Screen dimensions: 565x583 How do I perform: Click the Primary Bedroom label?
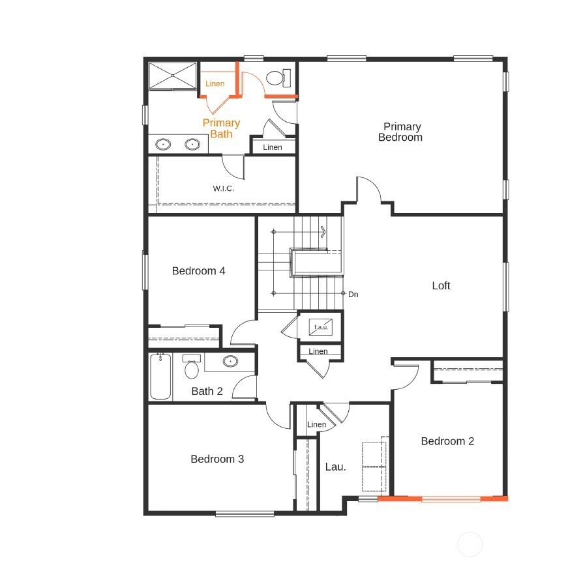pyautogui.click(x=400, y=132)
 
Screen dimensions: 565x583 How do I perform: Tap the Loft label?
pyautogui.click(x=441, y=285)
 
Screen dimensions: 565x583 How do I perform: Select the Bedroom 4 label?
pyautogui.click(x=198, y=270)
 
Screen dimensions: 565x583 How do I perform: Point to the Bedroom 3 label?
pyautogui.click(x=217, y=459)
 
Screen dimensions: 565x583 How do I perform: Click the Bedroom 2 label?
pyautogui.click(x=447, y=441)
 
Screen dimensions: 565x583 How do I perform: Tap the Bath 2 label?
pyautogui.click(x=207, y=392)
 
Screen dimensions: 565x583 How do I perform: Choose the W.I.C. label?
pyautogui.click(x=223, y=188)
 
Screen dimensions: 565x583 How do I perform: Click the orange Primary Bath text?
pyautogui.click(x=221, y=128)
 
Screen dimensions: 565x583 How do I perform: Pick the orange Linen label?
pyautogui.click(x=215, y=83)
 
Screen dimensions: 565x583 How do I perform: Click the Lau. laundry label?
pyautogui.click(x=335, y=467)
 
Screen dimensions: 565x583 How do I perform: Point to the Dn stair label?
pyautogui.click(x=353, y=295)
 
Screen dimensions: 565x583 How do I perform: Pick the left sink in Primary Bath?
pyautogui.click(x=163, y=144)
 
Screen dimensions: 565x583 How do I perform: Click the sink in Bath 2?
pyautogui.click(x=230, y=361)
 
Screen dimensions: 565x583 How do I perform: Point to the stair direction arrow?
pyautogui.click(x=323, y=231)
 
